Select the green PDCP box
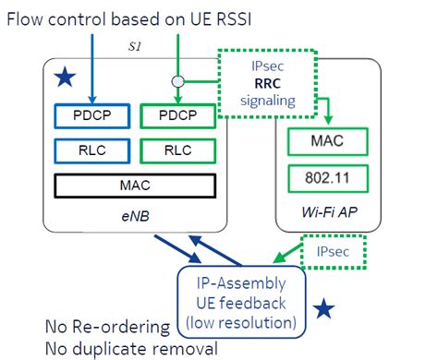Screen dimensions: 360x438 [176, 116]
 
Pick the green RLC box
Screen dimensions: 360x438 [176, 150]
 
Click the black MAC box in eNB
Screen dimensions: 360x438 [135, 186]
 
